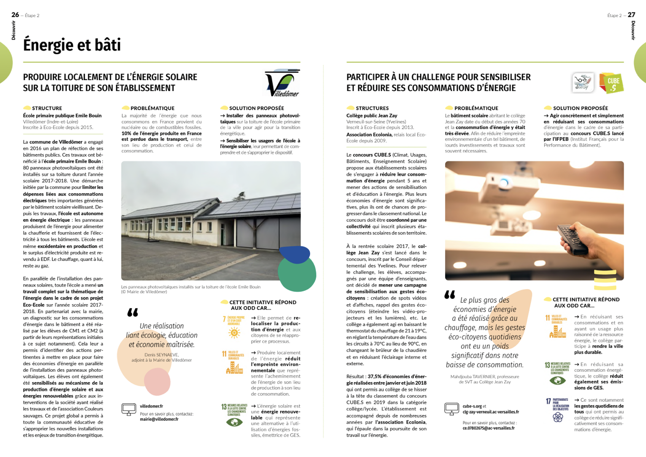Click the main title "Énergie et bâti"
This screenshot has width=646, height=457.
pyautogui.click(x=72, y=45)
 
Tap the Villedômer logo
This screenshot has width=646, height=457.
pyautogui.click(x=282, y=83)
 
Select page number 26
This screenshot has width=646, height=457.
pyautogui.click(x=15, y=15)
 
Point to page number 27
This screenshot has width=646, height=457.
pyautogui.click(x=631, y=15)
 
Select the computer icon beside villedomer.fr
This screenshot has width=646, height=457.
pyautogui.click(x=129, y=409)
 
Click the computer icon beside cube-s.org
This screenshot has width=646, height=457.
pyautogui.click(x=451, y=409)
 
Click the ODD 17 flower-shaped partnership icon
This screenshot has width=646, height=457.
pyautogui.click(x=558, y=417)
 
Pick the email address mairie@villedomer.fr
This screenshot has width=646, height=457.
pyautogui.click(x=159, y=419)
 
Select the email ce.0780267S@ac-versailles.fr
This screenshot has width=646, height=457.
pyautogui.click(x=489, y=428)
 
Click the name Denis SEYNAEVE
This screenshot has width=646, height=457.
pyautogui.click(x=162, y=355)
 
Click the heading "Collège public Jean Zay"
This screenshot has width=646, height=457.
pyautogui.click(x=372, y=116)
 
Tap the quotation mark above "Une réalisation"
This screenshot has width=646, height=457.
pyautogui.click(x=133, y=312)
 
